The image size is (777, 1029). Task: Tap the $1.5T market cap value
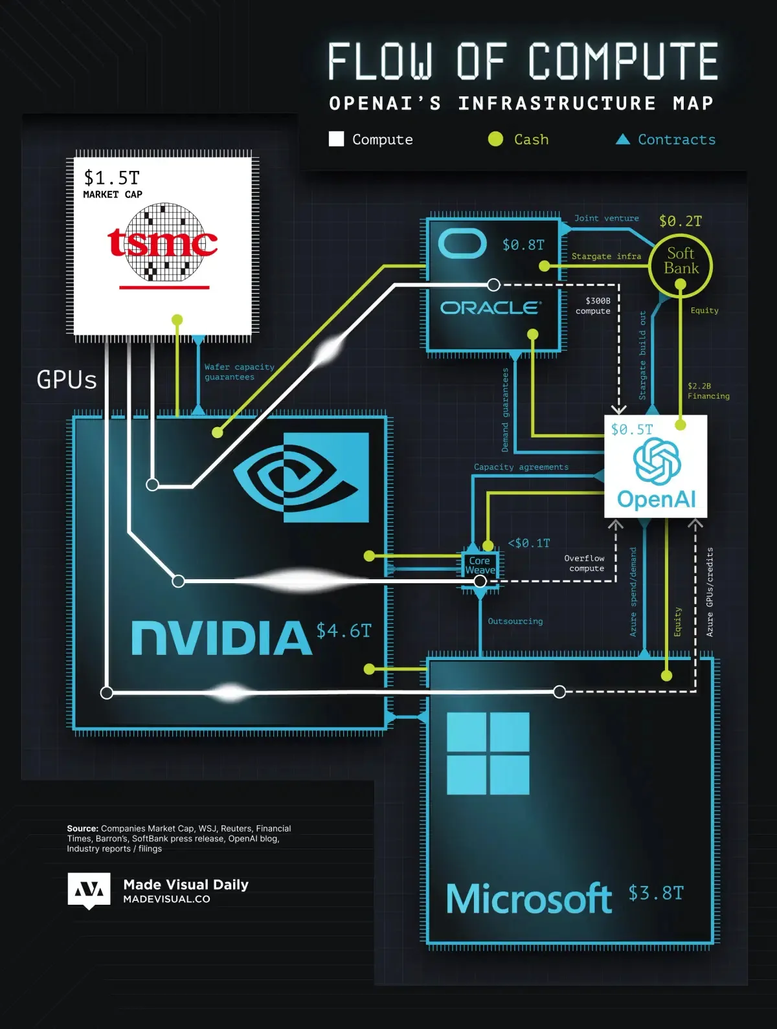pos(111,178)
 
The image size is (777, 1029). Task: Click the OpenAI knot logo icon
pos(657,461)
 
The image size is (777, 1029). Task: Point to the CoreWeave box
pos(480,566)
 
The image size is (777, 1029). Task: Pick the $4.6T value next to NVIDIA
pos(344,631)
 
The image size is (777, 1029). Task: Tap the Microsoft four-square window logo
pos(488,753)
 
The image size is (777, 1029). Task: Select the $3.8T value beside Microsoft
pos(655,893)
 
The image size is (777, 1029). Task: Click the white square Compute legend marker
pos(337,139)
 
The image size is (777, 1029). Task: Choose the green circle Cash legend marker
pos(495,139)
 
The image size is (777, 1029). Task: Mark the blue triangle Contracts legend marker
pos(623,139)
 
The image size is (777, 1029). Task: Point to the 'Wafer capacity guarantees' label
pos(239,371)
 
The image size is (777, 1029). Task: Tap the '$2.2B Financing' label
pos(708,391)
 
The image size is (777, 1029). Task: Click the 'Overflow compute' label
pos(585,563)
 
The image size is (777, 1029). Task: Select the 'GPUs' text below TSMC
pos(67,380)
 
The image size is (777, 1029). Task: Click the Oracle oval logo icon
pos(462,244)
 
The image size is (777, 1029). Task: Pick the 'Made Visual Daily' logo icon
pos(89,891)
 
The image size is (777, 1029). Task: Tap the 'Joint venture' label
pos(606,219)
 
